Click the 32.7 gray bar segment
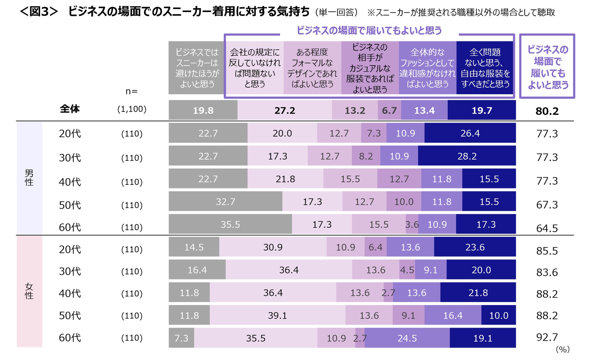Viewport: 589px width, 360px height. tap(225, 201)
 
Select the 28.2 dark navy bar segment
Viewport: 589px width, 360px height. tap(467, 156)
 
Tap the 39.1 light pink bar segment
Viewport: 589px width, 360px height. tap(277, 315)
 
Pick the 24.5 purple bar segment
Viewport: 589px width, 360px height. tap(407, 338)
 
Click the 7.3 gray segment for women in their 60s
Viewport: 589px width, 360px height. tap(181, 338)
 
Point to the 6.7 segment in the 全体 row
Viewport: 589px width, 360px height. tap(389, 111)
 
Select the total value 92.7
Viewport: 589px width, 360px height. tap(547, 337)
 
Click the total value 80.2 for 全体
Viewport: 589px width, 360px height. tap(547, 111)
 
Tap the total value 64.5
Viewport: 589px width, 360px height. tap(547, 228)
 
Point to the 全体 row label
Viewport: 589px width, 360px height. tap(70, 109)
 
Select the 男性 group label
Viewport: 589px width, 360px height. tap(29, 178)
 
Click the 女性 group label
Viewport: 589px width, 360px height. tap(29, 291)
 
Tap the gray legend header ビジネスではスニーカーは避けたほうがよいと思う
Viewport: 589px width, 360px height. tap(197, 68)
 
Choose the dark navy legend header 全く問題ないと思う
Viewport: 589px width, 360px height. tap(485, 68)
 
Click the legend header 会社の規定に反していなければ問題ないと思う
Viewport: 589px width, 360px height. tap(255, 68)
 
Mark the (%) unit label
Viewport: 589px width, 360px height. tap(562, 349)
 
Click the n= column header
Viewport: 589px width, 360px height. tap(131, 91)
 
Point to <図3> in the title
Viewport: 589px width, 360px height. tap(38, 12)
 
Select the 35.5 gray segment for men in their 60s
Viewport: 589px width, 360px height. tap(230, 224)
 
